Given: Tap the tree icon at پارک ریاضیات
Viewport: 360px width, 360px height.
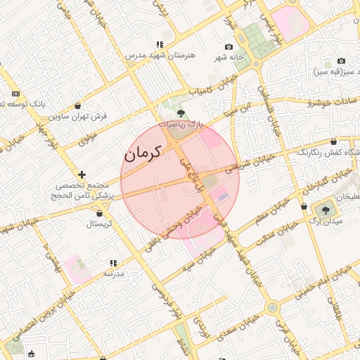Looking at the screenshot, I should [181, 113].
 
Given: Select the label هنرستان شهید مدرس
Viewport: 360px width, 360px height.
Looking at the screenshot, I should [155, 55].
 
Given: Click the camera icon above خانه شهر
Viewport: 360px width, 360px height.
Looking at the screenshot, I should [229, 46].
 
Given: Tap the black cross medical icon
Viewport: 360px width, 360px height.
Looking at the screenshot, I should [82, 174].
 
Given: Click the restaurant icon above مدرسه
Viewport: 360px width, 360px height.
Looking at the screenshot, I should [113, 263].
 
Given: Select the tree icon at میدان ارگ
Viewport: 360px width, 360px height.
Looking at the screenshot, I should [325, 209].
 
